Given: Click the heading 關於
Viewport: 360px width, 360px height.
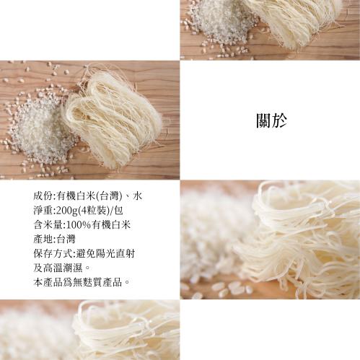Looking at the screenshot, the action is (271, 120).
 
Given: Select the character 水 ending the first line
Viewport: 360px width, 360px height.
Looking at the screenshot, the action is (137, 196).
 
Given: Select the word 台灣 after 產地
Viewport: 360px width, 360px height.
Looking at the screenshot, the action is (66, 240).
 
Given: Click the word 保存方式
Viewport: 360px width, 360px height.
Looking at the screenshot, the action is (53, 254).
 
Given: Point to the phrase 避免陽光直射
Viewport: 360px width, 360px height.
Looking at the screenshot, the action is (105, 254).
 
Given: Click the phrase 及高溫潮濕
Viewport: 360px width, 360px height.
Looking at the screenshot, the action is (58, 268).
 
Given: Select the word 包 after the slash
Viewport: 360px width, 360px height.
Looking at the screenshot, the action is (118, 211).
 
